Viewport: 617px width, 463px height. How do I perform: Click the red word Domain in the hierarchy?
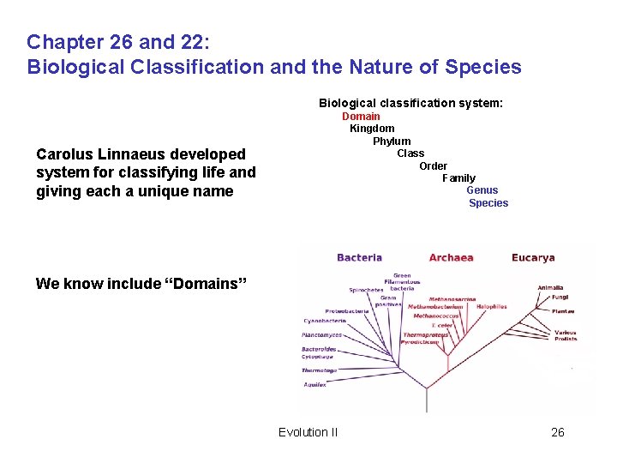pyautogui.click(x=361, y=116)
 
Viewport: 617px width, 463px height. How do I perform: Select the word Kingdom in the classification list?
pyautogui.click(x=372, y=129)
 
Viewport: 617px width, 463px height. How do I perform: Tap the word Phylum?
pyautogui.click(x=392, y=141)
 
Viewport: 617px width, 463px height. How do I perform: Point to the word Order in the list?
pyautogui.click(x=433, y=165)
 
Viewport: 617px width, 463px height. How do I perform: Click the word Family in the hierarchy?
pyautogui.click(x=458, y=178)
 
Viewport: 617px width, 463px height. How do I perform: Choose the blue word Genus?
pyautogui.click(x=482, y=190)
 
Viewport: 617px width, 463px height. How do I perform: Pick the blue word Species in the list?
pyautogui.click(x=488, y=203)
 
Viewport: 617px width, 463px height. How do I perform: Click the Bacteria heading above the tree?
pyautogui.click(x=359, y=257)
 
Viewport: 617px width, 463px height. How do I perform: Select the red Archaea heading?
pyautogui.click(x=451, y=257)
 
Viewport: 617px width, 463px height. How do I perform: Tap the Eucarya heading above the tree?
pyautogui.click(x=533, y=257)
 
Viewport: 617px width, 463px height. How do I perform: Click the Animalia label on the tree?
pyautogui.click(x=550, y=287)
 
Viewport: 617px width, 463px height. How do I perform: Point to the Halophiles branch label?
pyautogui.click(x=492, y=306)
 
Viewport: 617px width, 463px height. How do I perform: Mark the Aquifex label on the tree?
pyautogui.click(x=314, y=385)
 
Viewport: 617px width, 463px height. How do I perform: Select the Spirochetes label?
pyautogui.click(x=366, y=290)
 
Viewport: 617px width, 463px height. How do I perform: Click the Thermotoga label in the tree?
pyautogui.click(x=319, y=370)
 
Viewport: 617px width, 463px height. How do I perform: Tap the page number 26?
pyautogui.click(x=557, y=432)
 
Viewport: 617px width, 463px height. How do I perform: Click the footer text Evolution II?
pyautogui.click(x=308, y=432)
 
